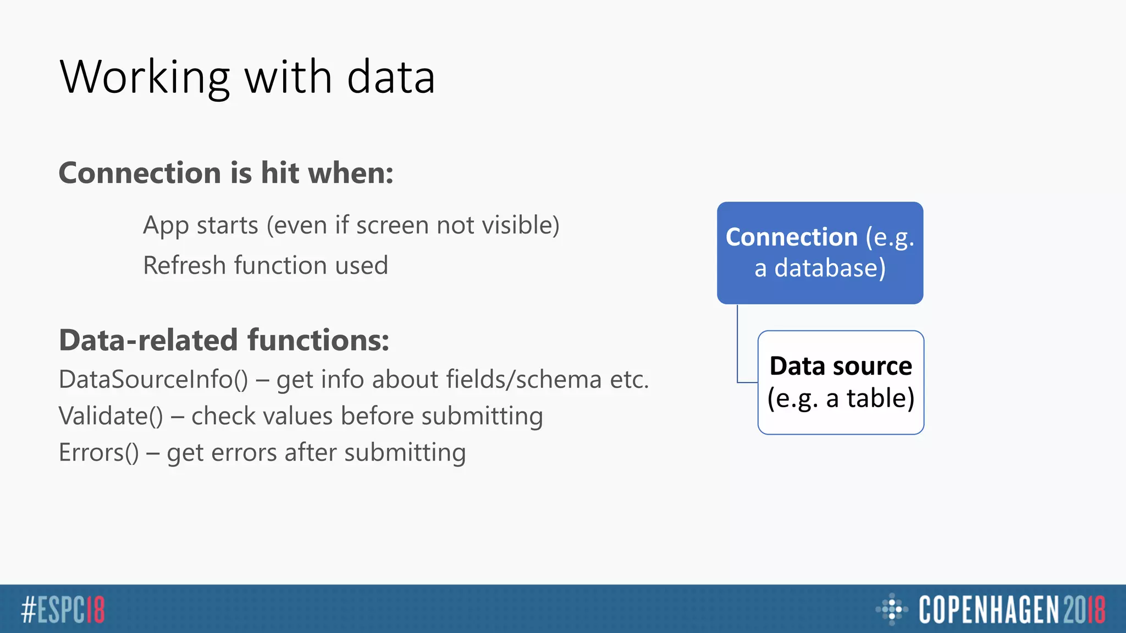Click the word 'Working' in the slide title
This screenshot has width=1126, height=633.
click(145, 77)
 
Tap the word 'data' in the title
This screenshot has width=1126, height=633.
click(391, 77)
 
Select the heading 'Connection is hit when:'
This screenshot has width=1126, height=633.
click(226, 173)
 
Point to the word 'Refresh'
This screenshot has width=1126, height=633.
click(185, 265)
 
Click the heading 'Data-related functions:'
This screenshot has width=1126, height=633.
click(224, 340)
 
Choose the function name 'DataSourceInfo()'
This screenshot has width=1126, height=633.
click(153, 380)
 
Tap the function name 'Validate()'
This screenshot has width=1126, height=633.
click(111, 416)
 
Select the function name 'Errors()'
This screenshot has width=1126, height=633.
click(99, 453)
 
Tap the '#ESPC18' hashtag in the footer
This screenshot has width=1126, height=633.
click(63, 609)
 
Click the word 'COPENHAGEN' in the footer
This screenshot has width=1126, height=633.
click(989, 609)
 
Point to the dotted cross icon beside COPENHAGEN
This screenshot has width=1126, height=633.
click(891, 609)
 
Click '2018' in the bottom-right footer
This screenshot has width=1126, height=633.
click(1084, 609)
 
